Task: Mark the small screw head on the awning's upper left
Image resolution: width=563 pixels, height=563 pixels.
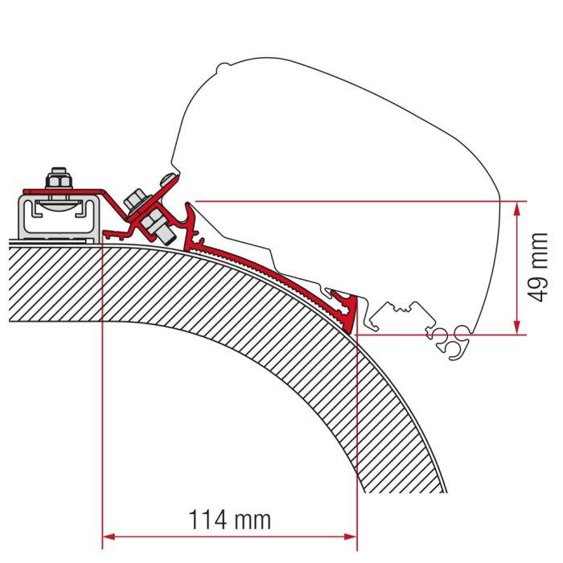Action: tap(166, 178)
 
